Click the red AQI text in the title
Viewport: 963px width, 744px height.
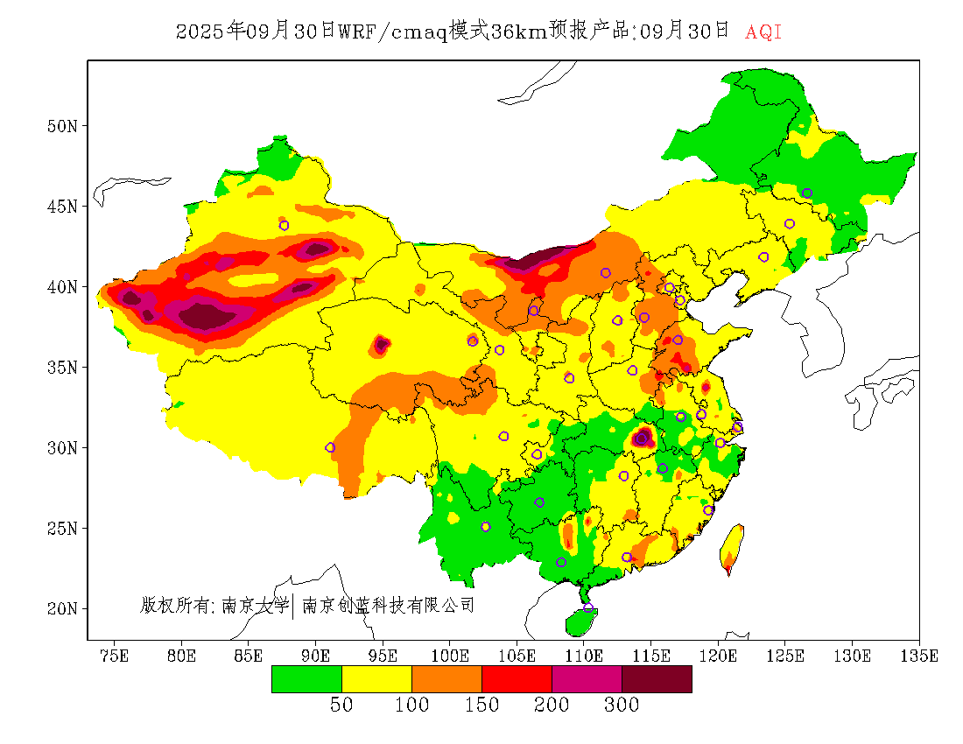[x=763, y=32]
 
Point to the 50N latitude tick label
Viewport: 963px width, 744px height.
[x=61, y=126]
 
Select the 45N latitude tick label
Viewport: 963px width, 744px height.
[x=61, y=207]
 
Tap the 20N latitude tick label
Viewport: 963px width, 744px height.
[x=61, y=608]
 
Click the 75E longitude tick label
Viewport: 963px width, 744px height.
[x=115, y=656]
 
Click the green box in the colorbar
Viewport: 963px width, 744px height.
[x=306, y=679]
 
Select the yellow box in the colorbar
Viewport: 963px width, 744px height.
[x=376, y=679]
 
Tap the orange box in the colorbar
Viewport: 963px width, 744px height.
[x=446, y=679]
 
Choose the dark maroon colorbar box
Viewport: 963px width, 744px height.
[x=657, y=679]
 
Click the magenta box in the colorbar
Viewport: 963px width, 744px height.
[x=587, y=679]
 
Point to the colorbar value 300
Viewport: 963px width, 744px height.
[x=622, y=705]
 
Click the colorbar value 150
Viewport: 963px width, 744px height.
[x=481, y=705]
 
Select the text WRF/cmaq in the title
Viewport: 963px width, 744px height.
[x=393, y=32]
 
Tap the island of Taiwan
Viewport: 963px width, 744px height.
[x=732, y=547]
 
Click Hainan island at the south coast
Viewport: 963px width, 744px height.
[x=580, y=622]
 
